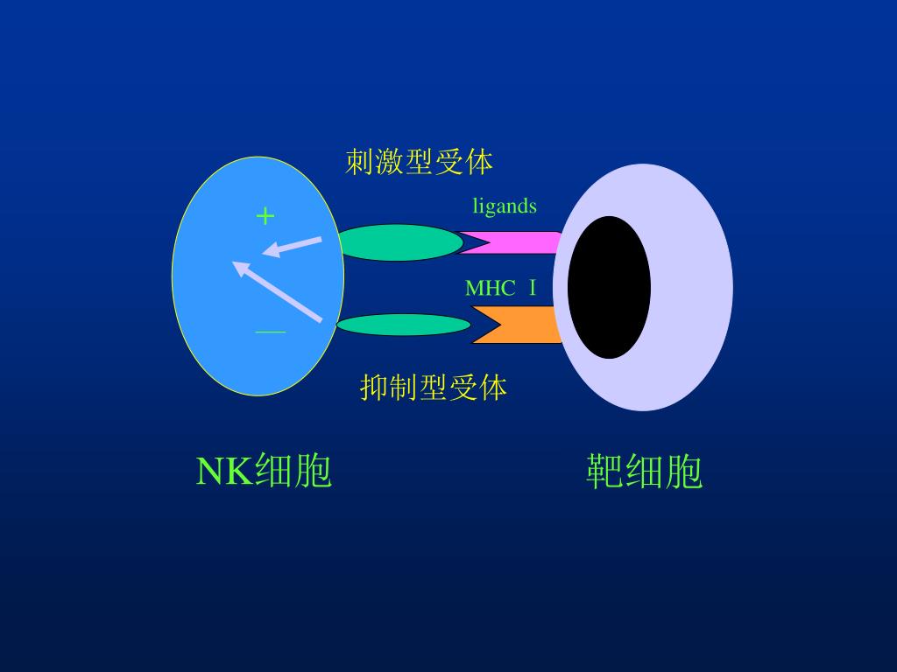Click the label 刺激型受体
tap(419, 162)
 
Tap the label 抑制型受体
tap(434, 387)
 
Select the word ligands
tap(505, 206)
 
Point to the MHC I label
tap(500, 288)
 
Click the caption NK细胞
tap(264, 472)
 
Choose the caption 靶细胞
tap(644, 472)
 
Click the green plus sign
tap(265, 215)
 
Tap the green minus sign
tap(270, 332)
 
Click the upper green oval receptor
tap(399, 242)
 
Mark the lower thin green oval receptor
tap(403, 325)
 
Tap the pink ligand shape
tap(512, 242)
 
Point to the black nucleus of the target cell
tap(609, 287)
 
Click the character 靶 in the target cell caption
tap(604, 472)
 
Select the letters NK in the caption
tap(224, 472)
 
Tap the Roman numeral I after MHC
tap(532, 288)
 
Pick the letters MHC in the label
tap(490, 288)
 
